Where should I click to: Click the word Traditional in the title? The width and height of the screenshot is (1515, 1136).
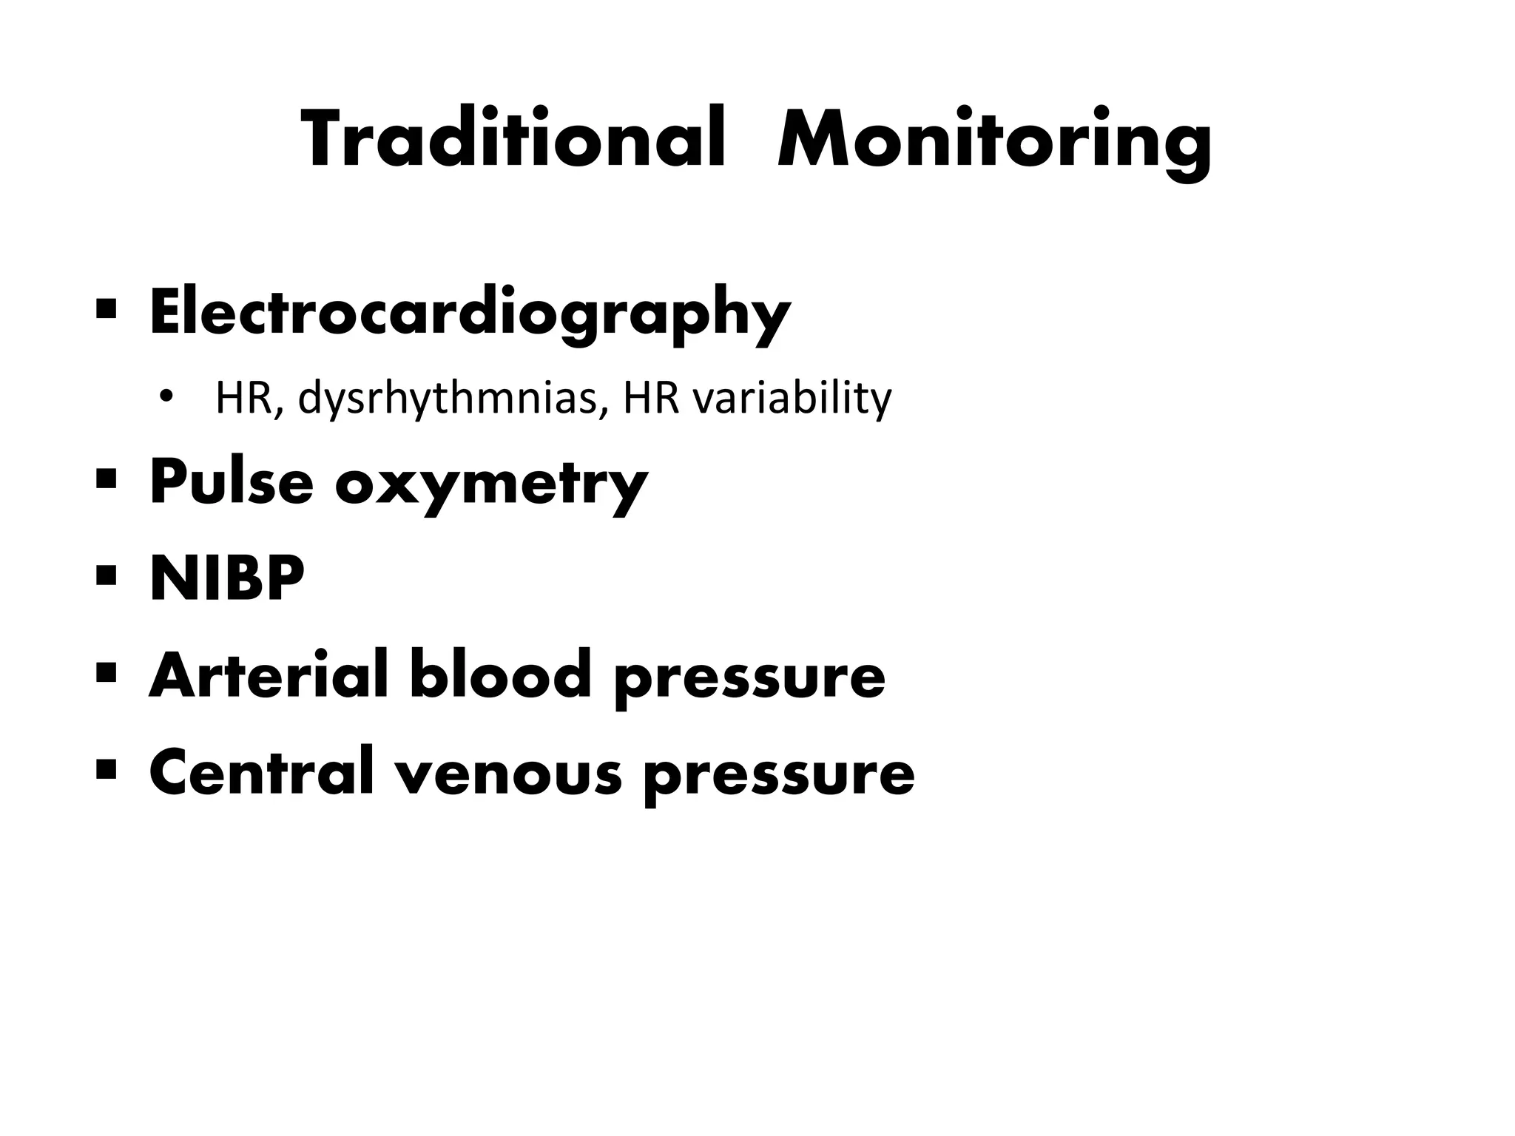click(x=513, y=141)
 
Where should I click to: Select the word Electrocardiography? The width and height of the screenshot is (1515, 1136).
click(x=470, y=314)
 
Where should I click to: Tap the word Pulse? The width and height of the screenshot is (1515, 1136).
click(x=231, y=482)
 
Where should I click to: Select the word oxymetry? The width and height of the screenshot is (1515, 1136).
click(x=491, y=485)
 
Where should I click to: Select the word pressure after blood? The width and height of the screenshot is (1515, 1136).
click(x=749, y=680)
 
